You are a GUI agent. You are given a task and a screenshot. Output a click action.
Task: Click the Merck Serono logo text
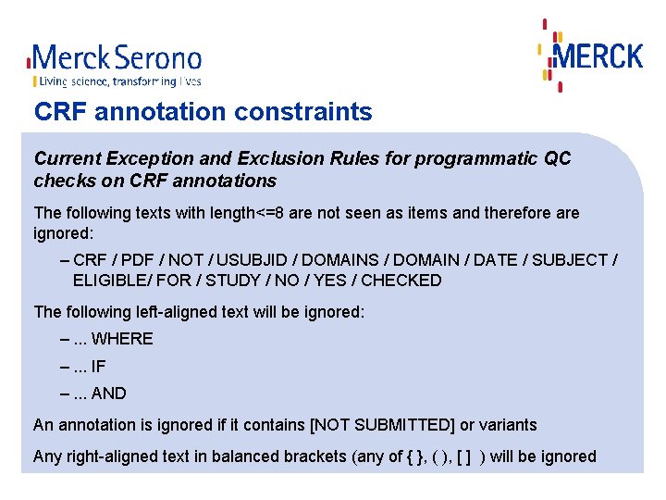click(x=116, y=58)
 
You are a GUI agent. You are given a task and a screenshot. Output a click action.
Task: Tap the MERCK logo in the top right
click(x=597, y=55)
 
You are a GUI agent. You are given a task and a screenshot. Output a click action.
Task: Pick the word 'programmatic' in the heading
click(x=477, y=158)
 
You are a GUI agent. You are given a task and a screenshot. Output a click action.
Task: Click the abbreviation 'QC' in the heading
click(x=558, y=158)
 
